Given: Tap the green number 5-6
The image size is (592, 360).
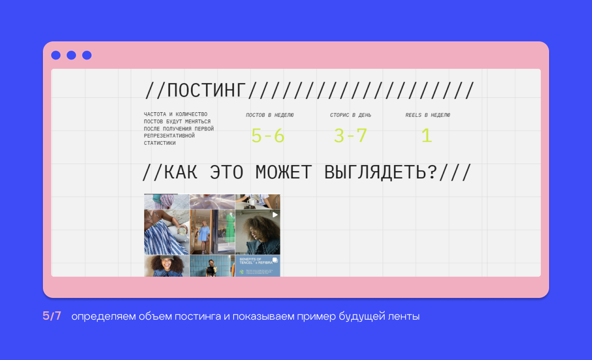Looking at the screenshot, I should [268, 136].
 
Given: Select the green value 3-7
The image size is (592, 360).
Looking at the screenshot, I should [351, 136].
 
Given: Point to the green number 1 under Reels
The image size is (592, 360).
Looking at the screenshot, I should [427, 136].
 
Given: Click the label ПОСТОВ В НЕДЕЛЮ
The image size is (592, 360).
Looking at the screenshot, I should [270, 115].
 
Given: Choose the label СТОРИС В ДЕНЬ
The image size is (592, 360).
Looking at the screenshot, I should [351, 115].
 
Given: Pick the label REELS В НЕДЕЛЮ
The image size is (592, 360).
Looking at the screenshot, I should [428, 115].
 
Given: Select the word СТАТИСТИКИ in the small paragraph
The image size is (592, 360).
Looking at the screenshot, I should [160, 143].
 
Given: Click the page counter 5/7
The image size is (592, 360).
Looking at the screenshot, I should [52, 316].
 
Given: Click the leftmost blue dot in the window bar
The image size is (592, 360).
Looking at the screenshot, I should [56, 55].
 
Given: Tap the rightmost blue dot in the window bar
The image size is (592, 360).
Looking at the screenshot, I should [87, 55].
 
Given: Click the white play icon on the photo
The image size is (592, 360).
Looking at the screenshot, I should [275, 215].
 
